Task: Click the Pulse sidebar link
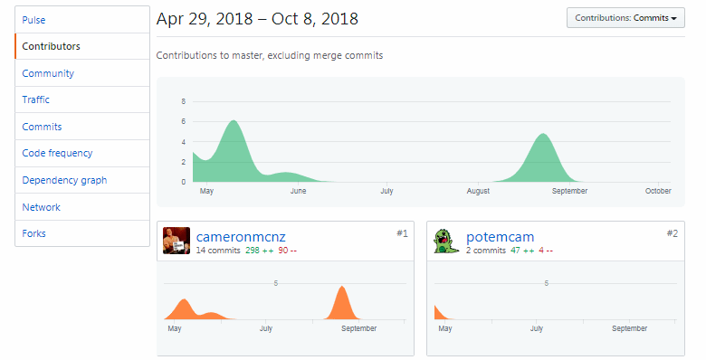click(33, 19)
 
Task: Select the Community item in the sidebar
click(48, 73)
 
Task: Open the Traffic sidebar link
click(36, 99)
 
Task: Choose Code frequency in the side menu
click(57, 154)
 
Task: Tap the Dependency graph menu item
click(64, 180)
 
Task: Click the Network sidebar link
click(42, 207)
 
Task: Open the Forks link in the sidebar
click(34, 233)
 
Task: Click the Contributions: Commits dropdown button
click(625, 18)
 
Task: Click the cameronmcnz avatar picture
click(176, 241)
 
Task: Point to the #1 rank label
click(403, 233)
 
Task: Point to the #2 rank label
click(673, 233)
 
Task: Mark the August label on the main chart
click(478, 191)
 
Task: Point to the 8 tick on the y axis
click(184, 101)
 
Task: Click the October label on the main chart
click(658, 191)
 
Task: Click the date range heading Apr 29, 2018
click(257, 18)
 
